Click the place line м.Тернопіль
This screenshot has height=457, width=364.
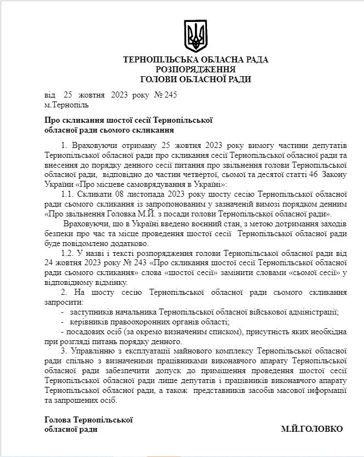coord(66,104)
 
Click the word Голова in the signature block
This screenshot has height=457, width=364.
coord(57,420)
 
